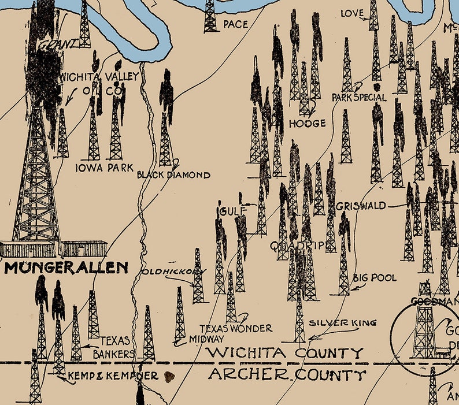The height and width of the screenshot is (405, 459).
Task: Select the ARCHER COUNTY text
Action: click(287, 375)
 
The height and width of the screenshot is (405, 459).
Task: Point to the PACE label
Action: click(234, 24)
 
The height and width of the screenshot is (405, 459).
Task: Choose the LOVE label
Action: click(352, 13)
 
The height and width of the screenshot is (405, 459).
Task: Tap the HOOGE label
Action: click(307, 123)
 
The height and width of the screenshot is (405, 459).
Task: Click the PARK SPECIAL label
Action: click(358, 97)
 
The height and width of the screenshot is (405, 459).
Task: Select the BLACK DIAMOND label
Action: click(173, 174)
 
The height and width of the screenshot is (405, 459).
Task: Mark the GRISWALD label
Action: click(358, 206)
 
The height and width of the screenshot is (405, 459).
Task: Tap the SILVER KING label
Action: click(343, 322)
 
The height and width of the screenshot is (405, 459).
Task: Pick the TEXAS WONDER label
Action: click(236, 328)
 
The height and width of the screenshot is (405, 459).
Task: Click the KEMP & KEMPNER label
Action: click(113, 376)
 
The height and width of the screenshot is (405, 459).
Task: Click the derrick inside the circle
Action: click(425, 324)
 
